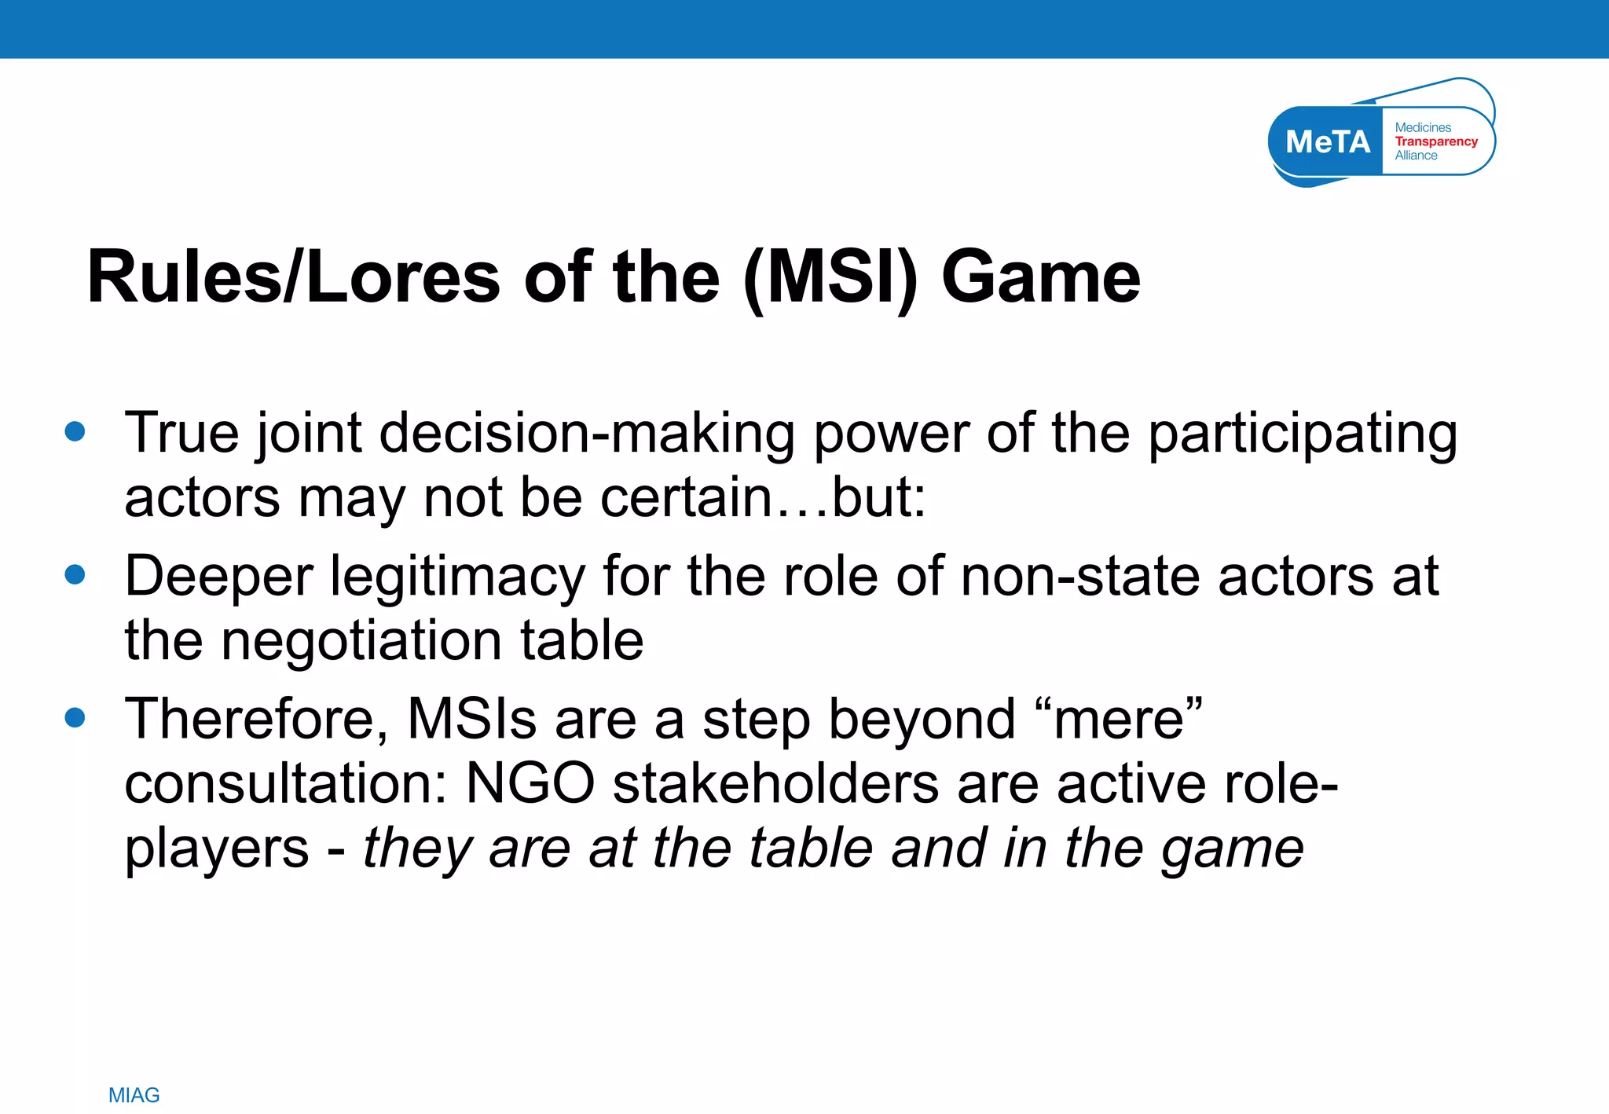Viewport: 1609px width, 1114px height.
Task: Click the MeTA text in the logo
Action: coord(1327,142)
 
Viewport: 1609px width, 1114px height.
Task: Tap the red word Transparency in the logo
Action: coord(1435,141)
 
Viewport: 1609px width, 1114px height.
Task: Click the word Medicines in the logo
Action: coord(1423,127)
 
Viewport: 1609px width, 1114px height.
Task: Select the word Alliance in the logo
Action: coord(1416,156)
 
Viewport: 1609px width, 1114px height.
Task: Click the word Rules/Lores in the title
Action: coord(293,277)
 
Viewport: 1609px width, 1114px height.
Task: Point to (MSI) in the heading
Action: coord(830,277)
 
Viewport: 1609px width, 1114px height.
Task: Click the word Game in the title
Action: coord(1040,277)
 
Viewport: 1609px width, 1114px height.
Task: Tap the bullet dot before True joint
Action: coord(75,431)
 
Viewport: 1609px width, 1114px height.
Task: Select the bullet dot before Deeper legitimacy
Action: coord(75,574)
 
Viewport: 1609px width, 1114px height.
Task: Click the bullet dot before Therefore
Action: coord(75,717)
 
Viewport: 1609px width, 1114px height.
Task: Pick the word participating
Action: coord(1302,434)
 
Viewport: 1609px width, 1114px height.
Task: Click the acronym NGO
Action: coord(530,784)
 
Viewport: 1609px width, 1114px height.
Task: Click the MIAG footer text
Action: coord(134,1095)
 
